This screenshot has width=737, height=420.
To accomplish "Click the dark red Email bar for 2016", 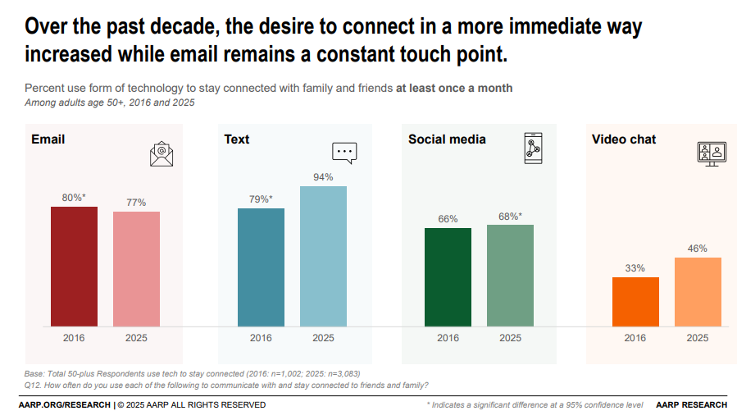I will click(74, 267).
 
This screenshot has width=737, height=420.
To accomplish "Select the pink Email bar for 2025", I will click(136, 269).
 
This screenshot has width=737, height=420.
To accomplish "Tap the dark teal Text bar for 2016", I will click(261, 267).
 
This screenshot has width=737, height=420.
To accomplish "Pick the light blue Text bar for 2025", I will click(323, 257).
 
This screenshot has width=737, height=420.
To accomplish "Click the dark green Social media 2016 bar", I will click(448, 277).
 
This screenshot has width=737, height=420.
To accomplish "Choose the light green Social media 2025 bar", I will click(510, 276).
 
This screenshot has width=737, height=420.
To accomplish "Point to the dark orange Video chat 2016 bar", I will click(635, 302).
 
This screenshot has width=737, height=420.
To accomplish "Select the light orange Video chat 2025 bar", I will click(698, 292).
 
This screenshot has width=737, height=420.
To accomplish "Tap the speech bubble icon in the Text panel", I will click(344, 152).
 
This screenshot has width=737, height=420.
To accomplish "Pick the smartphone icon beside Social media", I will click(534, 148).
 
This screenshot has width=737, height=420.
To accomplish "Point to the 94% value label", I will click(323, 176).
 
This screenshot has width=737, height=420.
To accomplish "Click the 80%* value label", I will click(74, 197).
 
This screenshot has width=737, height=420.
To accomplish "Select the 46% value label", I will click(698, 248).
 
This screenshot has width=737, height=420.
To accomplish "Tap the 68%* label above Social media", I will click(510, 217).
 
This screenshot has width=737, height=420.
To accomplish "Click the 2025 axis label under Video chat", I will click(698, 338).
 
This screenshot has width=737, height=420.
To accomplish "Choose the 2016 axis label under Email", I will click(74, 338).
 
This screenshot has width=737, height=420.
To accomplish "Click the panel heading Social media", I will click(447, 139).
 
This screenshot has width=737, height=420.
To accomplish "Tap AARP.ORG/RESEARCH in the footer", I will click(64, 405).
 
